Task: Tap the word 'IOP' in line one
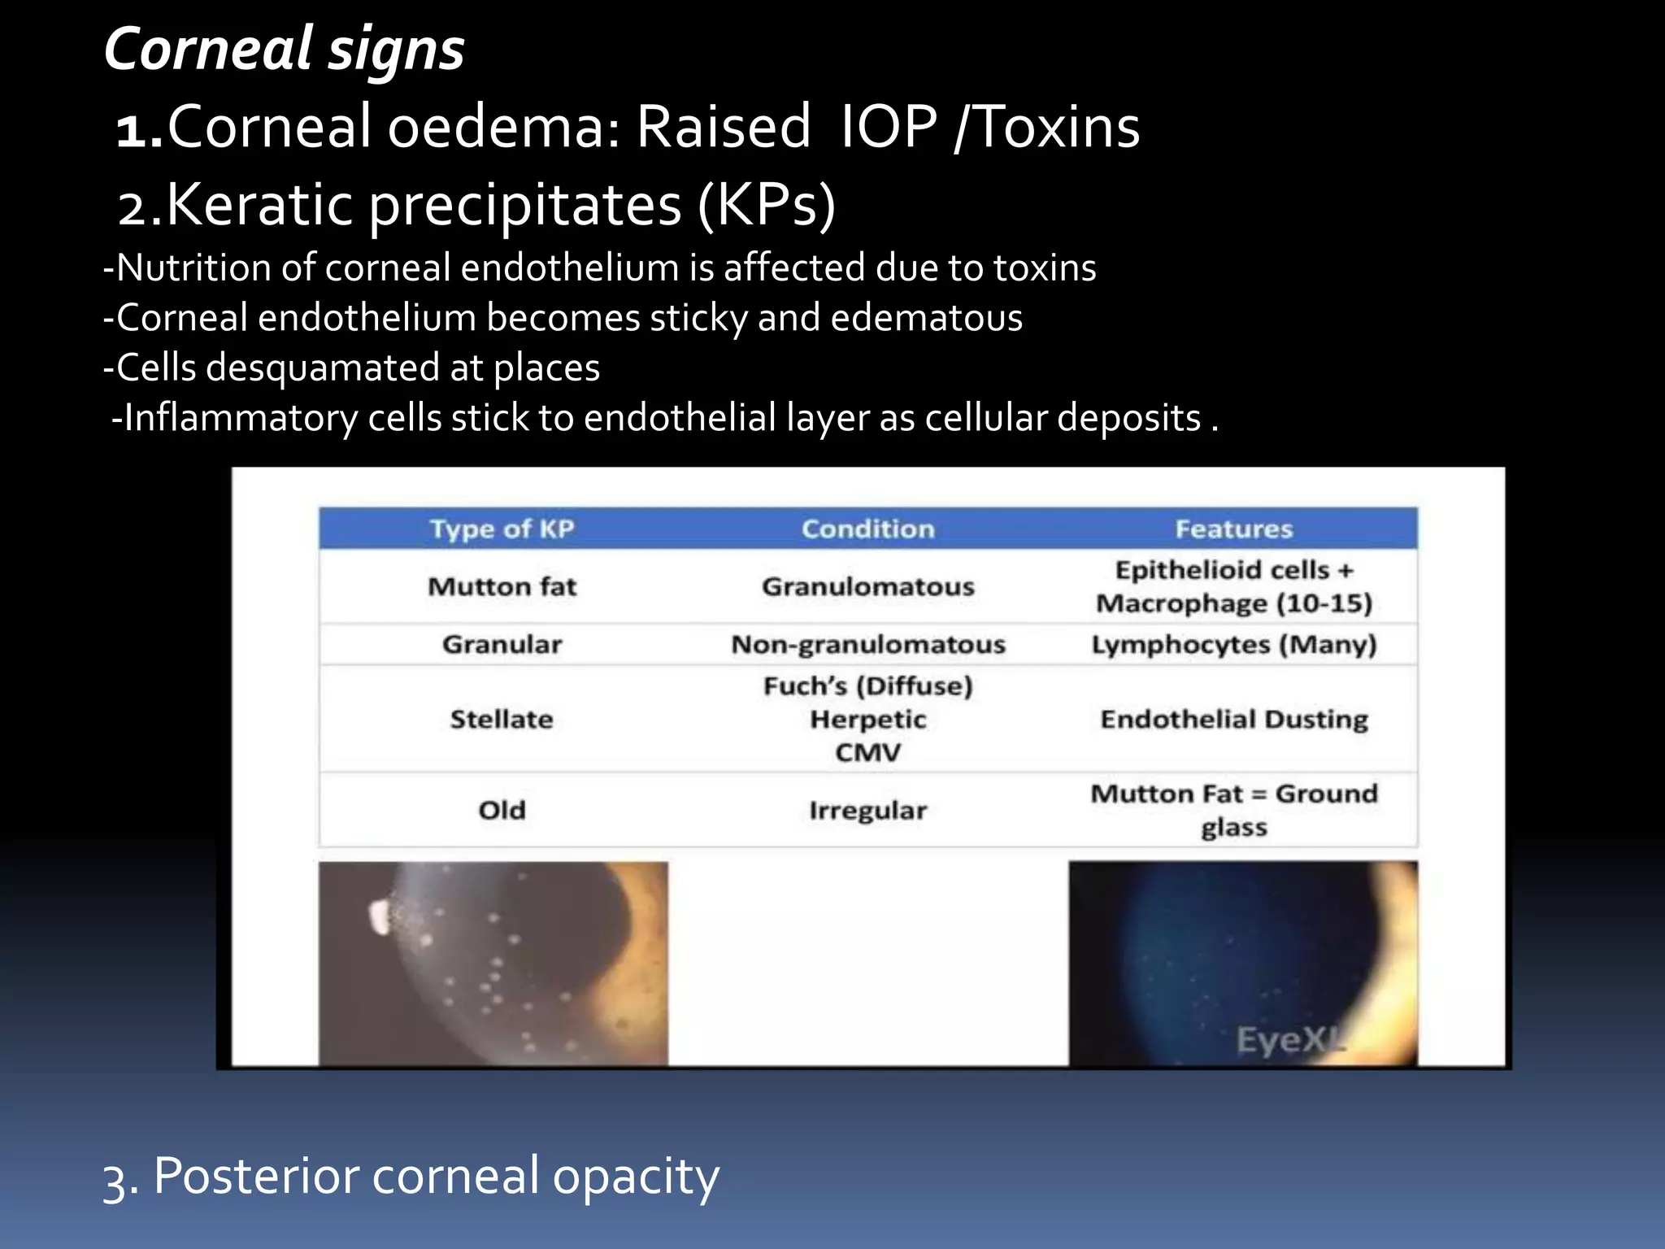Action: coord(888,128)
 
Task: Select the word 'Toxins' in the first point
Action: coord(1057,128)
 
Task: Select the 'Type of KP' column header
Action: coord(502,529)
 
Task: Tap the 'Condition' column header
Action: coord(867,529)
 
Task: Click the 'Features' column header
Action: coord(1233,529)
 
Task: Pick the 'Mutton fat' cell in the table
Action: coord(502,586)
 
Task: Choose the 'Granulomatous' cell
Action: coord(867,586)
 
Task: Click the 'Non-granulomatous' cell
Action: coord(867,644)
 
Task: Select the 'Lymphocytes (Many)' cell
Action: coord(1233,644)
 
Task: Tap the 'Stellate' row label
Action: coord(502,719)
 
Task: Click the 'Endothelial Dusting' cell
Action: coord(1233,719)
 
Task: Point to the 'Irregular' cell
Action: coord(867,810)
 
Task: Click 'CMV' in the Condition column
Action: coord(867,752)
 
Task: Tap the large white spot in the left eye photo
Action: coord(379,916)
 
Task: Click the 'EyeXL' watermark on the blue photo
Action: coord(1289,1039)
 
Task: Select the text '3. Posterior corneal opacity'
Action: coord(411,1176)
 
